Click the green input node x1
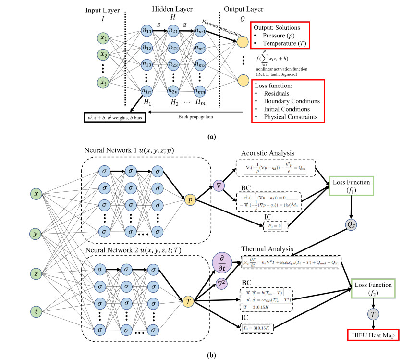tap(102, 38)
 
